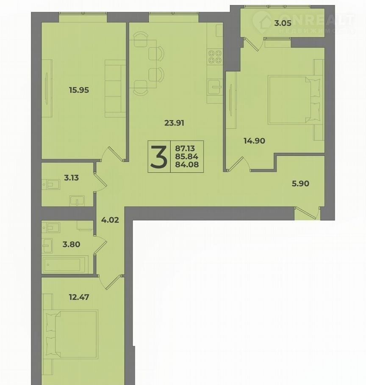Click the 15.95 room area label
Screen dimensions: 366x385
pos(79,90)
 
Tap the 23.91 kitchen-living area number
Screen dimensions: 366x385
pos(174,123)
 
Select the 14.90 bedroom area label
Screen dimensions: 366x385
pos(255,141)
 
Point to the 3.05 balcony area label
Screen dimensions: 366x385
pos(283,23)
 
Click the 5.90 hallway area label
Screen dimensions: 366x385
pos(300,184)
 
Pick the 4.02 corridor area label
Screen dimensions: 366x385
pos(110,220)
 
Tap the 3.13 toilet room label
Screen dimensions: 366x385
pos(72,178)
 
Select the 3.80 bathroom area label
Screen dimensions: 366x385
pos(71,244)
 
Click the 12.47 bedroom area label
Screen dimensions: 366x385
pos(79,297)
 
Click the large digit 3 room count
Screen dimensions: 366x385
pos(159,157)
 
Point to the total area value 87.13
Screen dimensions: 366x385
pos(185,148)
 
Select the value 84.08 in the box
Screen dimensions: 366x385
pos(187,165)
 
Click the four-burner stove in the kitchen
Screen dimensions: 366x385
pos(215,57)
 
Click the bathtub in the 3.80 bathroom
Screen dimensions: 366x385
pos(65,264)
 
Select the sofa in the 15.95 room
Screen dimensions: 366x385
pos(115,88)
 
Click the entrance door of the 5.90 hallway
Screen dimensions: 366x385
pos(307,213)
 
